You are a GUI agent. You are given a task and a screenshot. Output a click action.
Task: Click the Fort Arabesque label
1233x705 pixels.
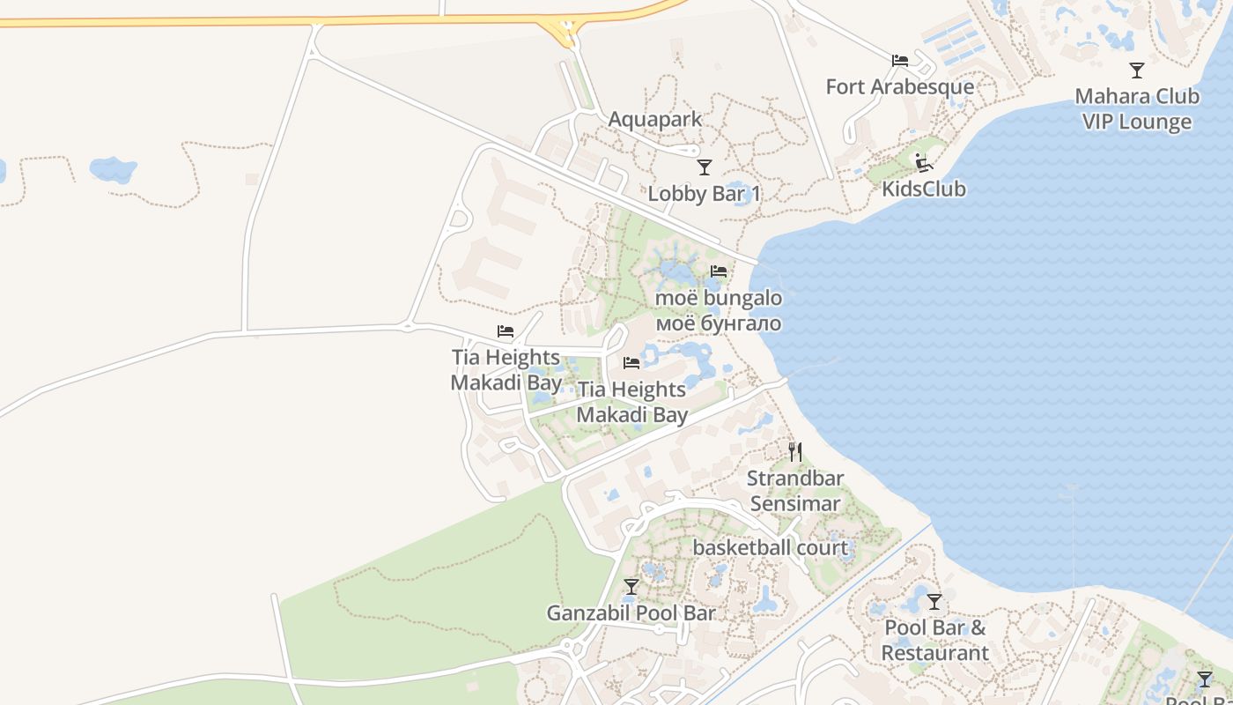pyautogui.click(x=899, y=86)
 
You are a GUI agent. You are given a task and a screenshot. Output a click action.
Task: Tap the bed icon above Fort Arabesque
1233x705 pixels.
pyautogui.click(x=899, y=61)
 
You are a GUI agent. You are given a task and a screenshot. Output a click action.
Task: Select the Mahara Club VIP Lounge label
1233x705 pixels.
pyautogui.click(x=1136, y=109)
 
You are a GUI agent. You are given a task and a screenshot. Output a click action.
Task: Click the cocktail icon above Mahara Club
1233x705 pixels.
pyautogui.click(x=1137, y=70)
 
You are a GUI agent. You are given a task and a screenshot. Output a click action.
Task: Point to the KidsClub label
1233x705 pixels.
pyautogui.click(x=924, y=189)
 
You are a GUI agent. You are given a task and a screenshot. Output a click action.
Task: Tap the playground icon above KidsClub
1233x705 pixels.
pyautogui.click(x=923, y=163)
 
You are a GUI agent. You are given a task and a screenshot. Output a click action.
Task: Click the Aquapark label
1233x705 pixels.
pyautogui.click(x=655, y=119)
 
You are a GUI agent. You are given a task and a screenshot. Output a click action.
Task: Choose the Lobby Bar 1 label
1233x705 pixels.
pyautogui.click(x=704, y=193)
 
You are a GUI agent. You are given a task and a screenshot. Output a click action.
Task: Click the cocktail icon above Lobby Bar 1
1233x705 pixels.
pyautogui.click(x=704, y=167)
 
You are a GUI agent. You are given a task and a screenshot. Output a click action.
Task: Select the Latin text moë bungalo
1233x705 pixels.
pyautogui.click(x=718, y=298)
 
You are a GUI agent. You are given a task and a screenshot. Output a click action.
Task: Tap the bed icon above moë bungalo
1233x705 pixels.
pyautogui.click(x=719, y=271)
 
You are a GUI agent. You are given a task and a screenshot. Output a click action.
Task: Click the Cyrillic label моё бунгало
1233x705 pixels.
pyautogui.click(x=718, y=323)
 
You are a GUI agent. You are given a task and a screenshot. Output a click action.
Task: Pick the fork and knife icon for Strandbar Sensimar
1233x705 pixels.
pyautogui.click(x=795, y=452)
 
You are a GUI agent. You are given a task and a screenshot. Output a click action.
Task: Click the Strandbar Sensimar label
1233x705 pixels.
pyautogui.click(x=795, y=491)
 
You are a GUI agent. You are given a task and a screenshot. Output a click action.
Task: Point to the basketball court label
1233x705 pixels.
pyautogui.click(x=770, y=547)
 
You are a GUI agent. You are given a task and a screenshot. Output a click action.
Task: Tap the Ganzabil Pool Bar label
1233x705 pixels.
pyautogui.click(x=631, y=612)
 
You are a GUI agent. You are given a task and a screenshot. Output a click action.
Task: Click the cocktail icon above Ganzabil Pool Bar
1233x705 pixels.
pyautogui.click(x=631, y=586)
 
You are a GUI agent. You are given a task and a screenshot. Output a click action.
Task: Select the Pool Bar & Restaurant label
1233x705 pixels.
pyautogui.click(x=934, y=641)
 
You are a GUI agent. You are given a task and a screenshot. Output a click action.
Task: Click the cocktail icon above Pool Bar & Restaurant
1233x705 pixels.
pyautogui.click(x=934, y=602)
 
